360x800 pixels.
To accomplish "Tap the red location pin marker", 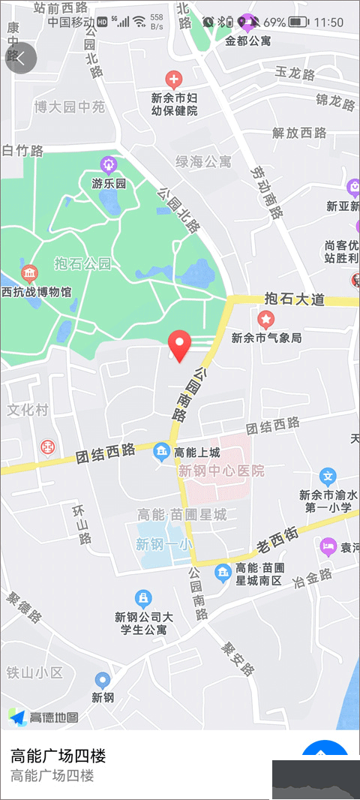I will click(178, 344).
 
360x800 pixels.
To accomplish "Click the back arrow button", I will click(21, 59).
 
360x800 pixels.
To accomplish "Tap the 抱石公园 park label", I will click(82, 263).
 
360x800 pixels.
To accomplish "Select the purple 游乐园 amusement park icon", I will click(109, 164).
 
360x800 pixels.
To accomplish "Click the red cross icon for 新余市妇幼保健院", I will click(173, 78).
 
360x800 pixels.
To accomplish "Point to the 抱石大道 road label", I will click(295, 299).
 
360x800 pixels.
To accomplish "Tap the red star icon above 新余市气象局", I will click(265, 320).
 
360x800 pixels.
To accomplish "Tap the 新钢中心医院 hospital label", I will click(221, 471).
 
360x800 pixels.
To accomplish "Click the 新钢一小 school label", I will click(163, 545).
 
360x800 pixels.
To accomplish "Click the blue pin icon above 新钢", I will click(103, 680).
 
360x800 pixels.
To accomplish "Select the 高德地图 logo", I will click(43, 717).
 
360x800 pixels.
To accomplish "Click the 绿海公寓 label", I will click(204, 161).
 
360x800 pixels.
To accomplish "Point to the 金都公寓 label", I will click(248, 41).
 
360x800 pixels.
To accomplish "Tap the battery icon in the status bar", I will click(298, 23).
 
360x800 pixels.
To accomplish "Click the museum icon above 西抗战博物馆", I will click(30, 272).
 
